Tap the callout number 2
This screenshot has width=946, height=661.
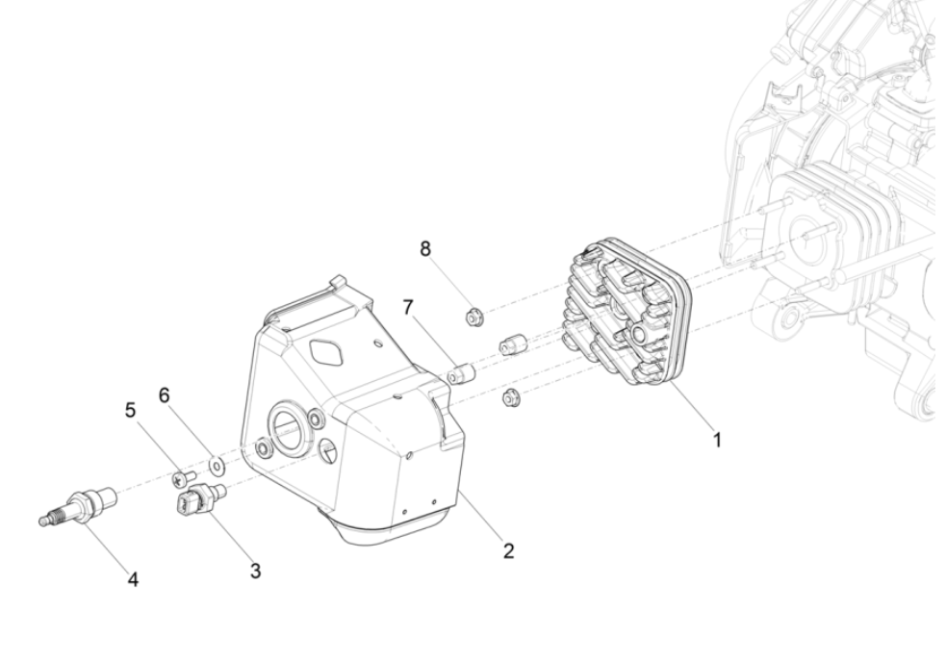click(508, 551)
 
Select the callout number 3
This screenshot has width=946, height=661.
click(255, 570)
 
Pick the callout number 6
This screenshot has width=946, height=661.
click(165, 396)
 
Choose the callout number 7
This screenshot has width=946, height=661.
click(408, 307)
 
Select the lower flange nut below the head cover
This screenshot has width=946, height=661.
click(511, 395)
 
